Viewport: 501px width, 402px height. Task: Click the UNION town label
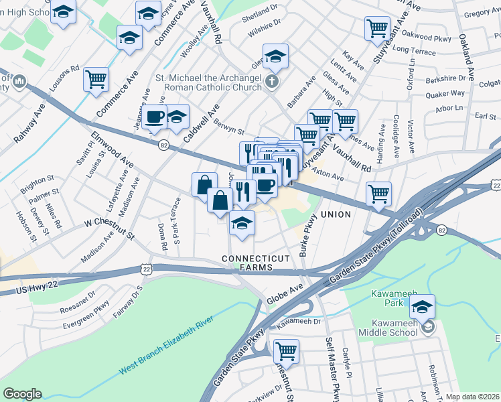pyautogui.click(x=336, y=214)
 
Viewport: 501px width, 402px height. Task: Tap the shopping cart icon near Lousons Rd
pyautogui.click(x=96, y=79)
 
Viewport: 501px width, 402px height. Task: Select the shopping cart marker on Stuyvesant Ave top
pyautogui.click(x=378, y=28)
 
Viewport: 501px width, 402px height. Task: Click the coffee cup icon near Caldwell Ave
pyautogui.click(x=155, y=117)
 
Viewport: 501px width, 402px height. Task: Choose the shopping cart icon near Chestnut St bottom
pyautogui.click(x=286, y=350)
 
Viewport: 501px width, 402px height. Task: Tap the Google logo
pyautogui.click(x=22, y=394)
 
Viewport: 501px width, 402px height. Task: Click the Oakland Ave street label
pyautogui.click(x=468, y=60)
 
